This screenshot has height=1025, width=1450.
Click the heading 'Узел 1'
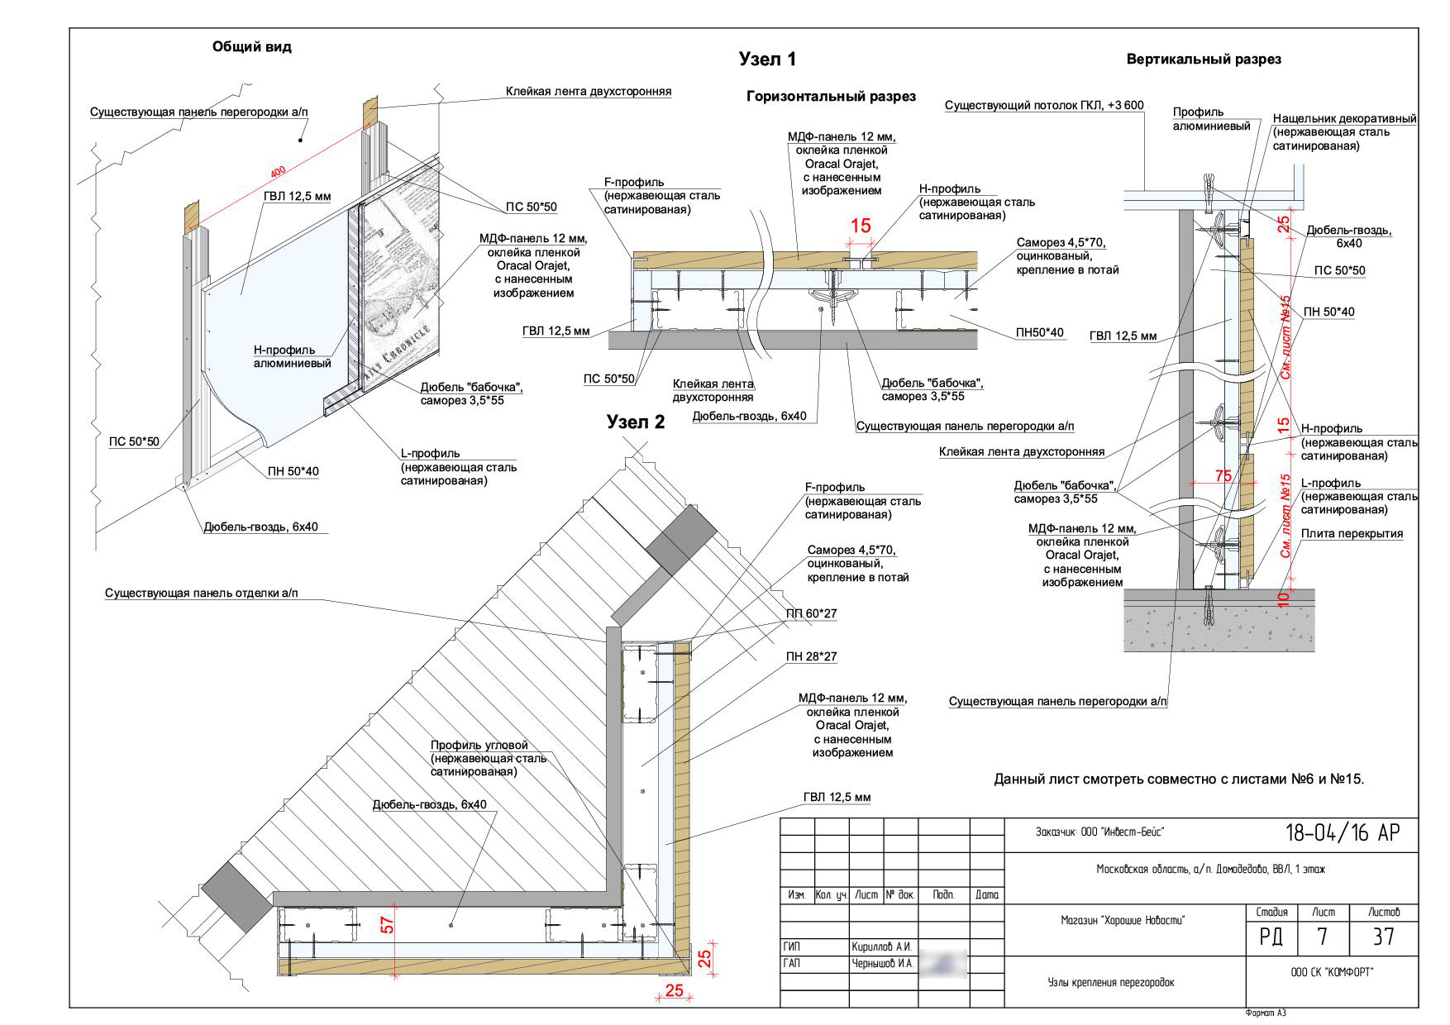coord(766,60)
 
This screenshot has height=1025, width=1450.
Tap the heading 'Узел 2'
coord(635,422)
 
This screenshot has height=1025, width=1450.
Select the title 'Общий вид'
coord(252,47)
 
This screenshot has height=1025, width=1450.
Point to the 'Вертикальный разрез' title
coord(1204,60)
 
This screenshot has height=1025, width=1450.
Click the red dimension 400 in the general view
coord(278,171)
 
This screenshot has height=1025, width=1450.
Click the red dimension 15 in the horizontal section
coord(861,226)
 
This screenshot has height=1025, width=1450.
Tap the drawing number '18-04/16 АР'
coord(1343,833)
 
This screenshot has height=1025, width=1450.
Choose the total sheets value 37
coord(1383,937)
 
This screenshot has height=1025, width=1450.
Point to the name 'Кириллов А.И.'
coord(881,946)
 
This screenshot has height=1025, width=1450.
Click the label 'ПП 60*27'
coord(810,614)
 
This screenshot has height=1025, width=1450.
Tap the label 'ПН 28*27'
coord(811,657)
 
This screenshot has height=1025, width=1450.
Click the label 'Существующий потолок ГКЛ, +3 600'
coord(1044,106)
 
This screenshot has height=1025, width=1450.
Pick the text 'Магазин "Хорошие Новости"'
coord(1123,920)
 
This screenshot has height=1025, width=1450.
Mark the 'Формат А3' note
coord(1266,1013)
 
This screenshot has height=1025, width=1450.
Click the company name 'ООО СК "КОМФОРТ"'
coord(1331,973)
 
